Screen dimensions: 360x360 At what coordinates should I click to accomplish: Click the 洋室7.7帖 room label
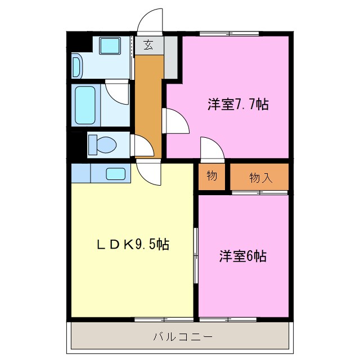[229, 105]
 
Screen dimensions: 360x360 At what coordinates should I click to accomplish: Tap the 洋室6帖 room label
[242, 256]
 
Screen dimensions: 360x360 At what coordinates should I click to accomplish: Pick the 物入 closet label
[260, 178]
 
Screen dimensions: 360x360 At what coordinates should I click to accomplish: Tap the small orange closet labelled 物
[211, 176]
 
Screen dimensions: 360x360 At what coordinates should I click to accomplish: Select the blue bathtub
[86, 106]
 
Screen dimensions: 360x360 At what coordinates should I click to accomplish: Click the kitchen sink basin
[115, 173]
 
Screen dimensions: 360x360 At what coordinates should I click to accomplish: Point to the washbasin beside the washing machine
[77, 66]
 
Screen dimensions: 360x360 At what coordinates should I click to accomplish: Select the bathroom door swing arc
[118, 91]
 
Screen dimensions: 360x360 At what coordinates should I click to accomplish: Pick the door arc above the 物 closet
[213, 149]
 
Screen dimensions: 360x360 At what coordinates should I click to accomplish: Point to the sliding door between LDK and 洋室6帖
[196, 256]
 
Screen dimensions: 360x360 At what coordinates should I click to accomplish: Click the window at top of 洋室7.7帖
[229, 34]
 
